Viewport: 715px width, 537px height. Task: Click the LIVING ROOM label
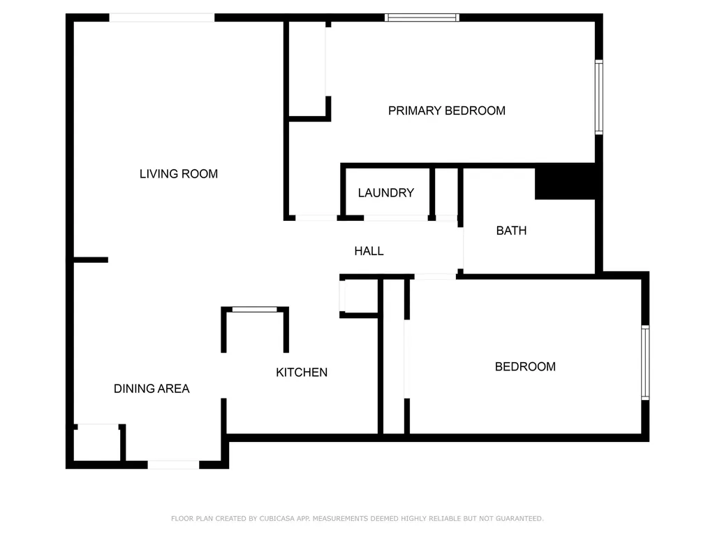tap(179, 174)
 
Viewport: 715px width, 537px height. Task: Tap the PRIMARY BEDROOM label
tap(447, 110)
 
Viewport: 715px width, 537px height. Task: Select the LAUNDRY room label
tap(385, 193)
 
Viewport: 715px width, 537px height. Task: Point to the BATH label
tap(511, 231)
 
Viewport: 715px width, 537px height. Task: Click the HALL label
tap(369, 251)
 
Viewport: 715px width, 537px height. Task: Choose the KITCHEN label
tap(302, 373)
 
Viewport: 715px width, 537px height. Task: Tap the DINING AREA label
tap(152, 389)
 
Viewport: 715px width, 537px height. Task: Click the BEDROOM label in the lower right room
tap(525, 366)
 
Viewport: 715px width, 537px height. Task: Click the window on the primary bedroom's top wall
tap(422, 17)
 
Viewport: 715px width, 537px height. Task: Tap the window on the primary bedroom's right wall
tap(599, 97)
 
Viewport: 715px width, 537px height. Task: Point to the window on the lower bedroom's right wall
tap(645, 363)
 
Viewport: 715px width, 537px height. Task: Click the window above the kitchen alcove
tap(255, 309)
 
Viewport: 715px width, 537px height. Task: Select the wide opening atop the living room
tap(162, 17)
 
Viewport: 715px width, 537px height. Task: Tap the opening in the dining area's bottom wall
tap(173, 464)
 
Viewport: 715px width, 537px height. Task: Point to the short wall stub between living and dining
tap(91, 260)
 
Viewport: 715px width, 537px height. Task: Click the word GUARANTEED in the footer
tap(519, 519)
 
